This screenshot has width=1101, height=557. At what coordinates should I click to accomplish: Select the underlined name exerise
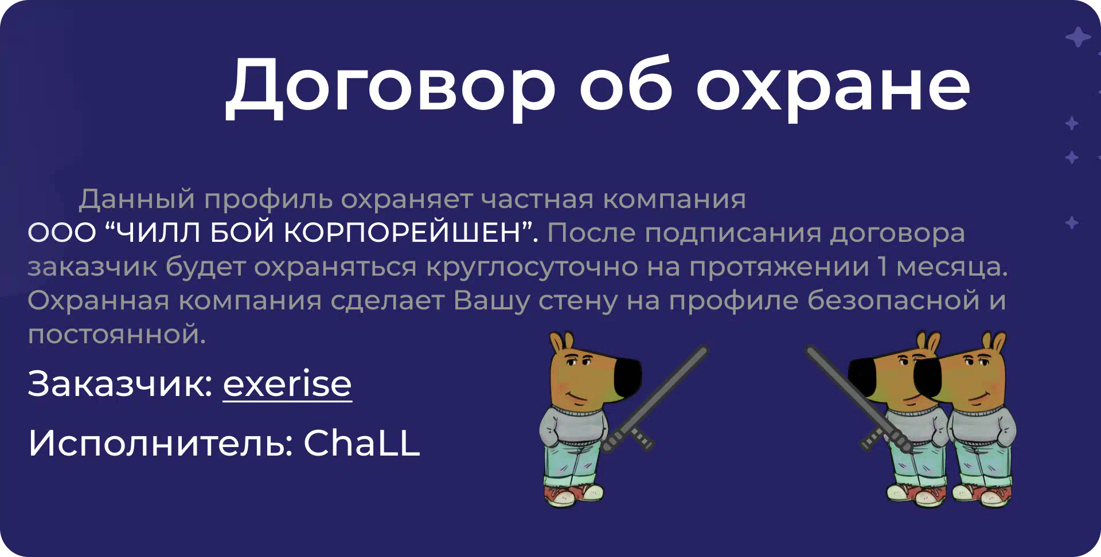coord(287,384)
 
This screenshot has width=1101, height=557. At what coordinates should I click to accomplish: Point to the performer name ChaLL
coord(362,443)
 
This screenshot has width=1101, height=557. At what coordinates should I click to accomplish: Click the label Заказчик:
coord(120,384)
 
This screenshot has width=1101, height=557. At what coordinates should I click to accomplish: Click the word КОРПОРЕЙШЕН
coord(402,233)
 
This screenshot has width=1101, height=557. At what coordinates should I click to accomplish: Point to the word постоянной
coord(116,334)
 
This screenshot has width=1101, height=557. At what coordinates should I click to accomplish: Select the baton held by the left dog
coord(656,398)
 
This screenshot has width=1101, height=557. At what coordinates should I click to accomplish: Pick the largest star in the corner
coord(1078,37)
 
